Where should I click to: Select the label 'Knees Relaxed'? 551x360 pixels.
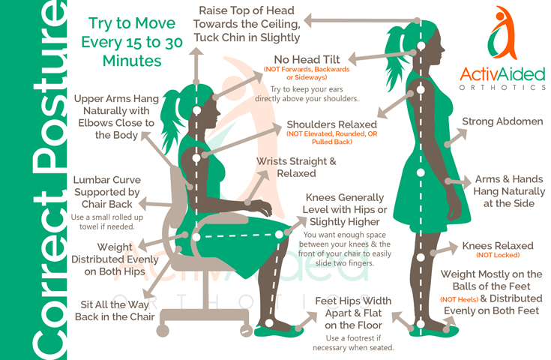498,246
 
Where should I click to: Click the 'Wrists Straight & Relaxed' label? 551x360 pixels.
296,167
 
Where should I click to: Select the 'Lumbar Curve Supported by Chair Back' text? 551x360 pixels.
106,192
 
